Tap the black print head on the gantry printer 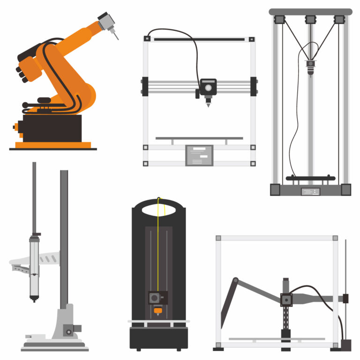point(208,87)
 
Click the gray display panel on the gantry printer point(199,155)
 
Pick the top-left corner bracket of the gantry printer point(145,40)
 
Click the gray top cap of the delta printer point(310,11)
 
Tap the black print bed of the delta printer point(310,178)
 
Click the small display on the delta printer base point(310,191)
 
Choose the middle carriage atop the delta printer point(310,20)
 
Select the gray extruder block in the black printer point(157,297)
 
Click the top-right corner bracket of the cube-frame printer point(335,238)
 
